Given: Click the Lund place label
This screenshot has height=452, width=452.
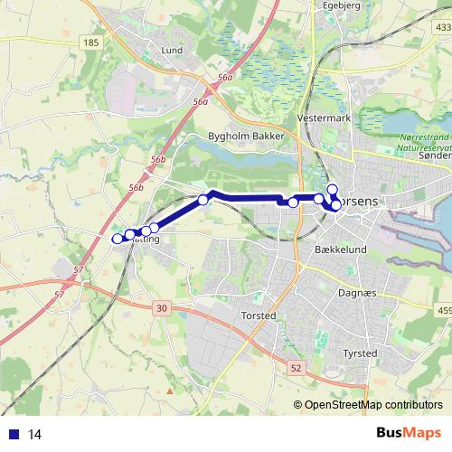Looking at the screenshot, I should pyautogui.click(x=171, y=51).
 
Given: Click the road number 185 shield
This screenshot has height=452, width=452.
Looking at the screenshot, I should pyautogui.click(x=89, y=42).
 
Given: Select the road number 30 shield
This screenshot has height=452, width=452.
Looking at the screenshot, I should pyautogui.click(x=162, y=308).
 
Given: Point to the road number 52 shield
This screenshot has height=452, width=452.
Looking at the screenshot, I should pyautogui.click(x=297, y=368).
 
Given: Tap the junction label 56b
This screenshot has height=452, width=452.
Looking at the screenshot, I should pyautogui.click(x=136, y=187).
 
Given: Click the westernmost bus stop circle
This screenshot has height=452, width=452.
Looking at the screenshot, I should pyautogui.click(x=117, y=239).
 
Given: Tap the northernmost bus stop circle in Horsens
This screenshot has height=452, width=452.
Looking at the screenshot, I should pyautogui.click(x=332, y=189).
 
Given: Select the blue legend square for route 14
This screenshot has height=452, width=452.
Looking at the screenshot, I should pyautogui.click(x=13, y=434).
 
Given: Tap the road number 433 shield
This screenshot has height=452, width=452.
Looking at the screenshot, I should pyautogui.click(x=442, y=29).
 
